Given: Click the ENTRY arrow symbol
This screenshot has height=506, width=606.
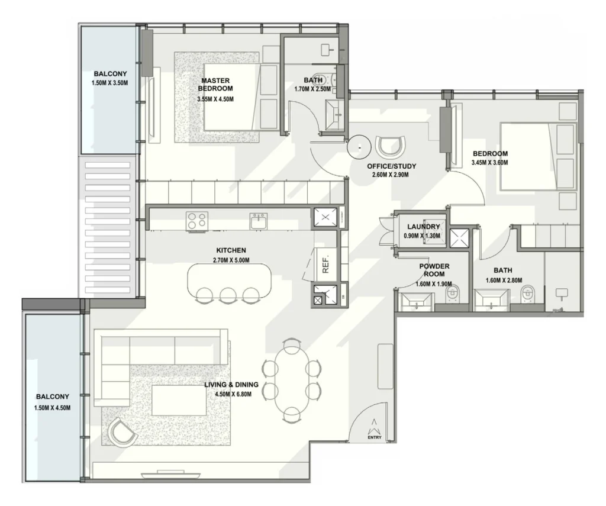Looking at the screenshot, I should click(374, 424).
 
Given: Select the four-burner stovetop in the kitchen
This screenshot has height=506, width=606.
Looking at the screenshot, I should click(196, 221).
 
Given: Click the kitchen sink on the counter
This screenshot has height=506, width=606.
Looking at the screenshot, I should click(259, 221).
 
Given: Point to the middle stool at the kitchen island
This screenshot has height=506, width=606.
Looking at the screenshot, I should click(228, 295).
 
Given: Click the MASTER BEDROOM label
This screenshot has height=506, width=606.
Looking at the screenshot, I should click(215, 84).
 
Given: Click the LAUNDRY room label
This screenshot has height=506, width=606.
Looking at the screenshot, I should click(423, 227).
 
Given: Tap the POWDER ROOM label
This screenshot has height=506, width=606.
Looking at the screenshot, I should click(434, 270).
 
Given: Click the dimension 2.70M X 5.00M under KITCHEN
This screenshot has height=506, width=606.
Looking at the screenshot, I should click(231, 260).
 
